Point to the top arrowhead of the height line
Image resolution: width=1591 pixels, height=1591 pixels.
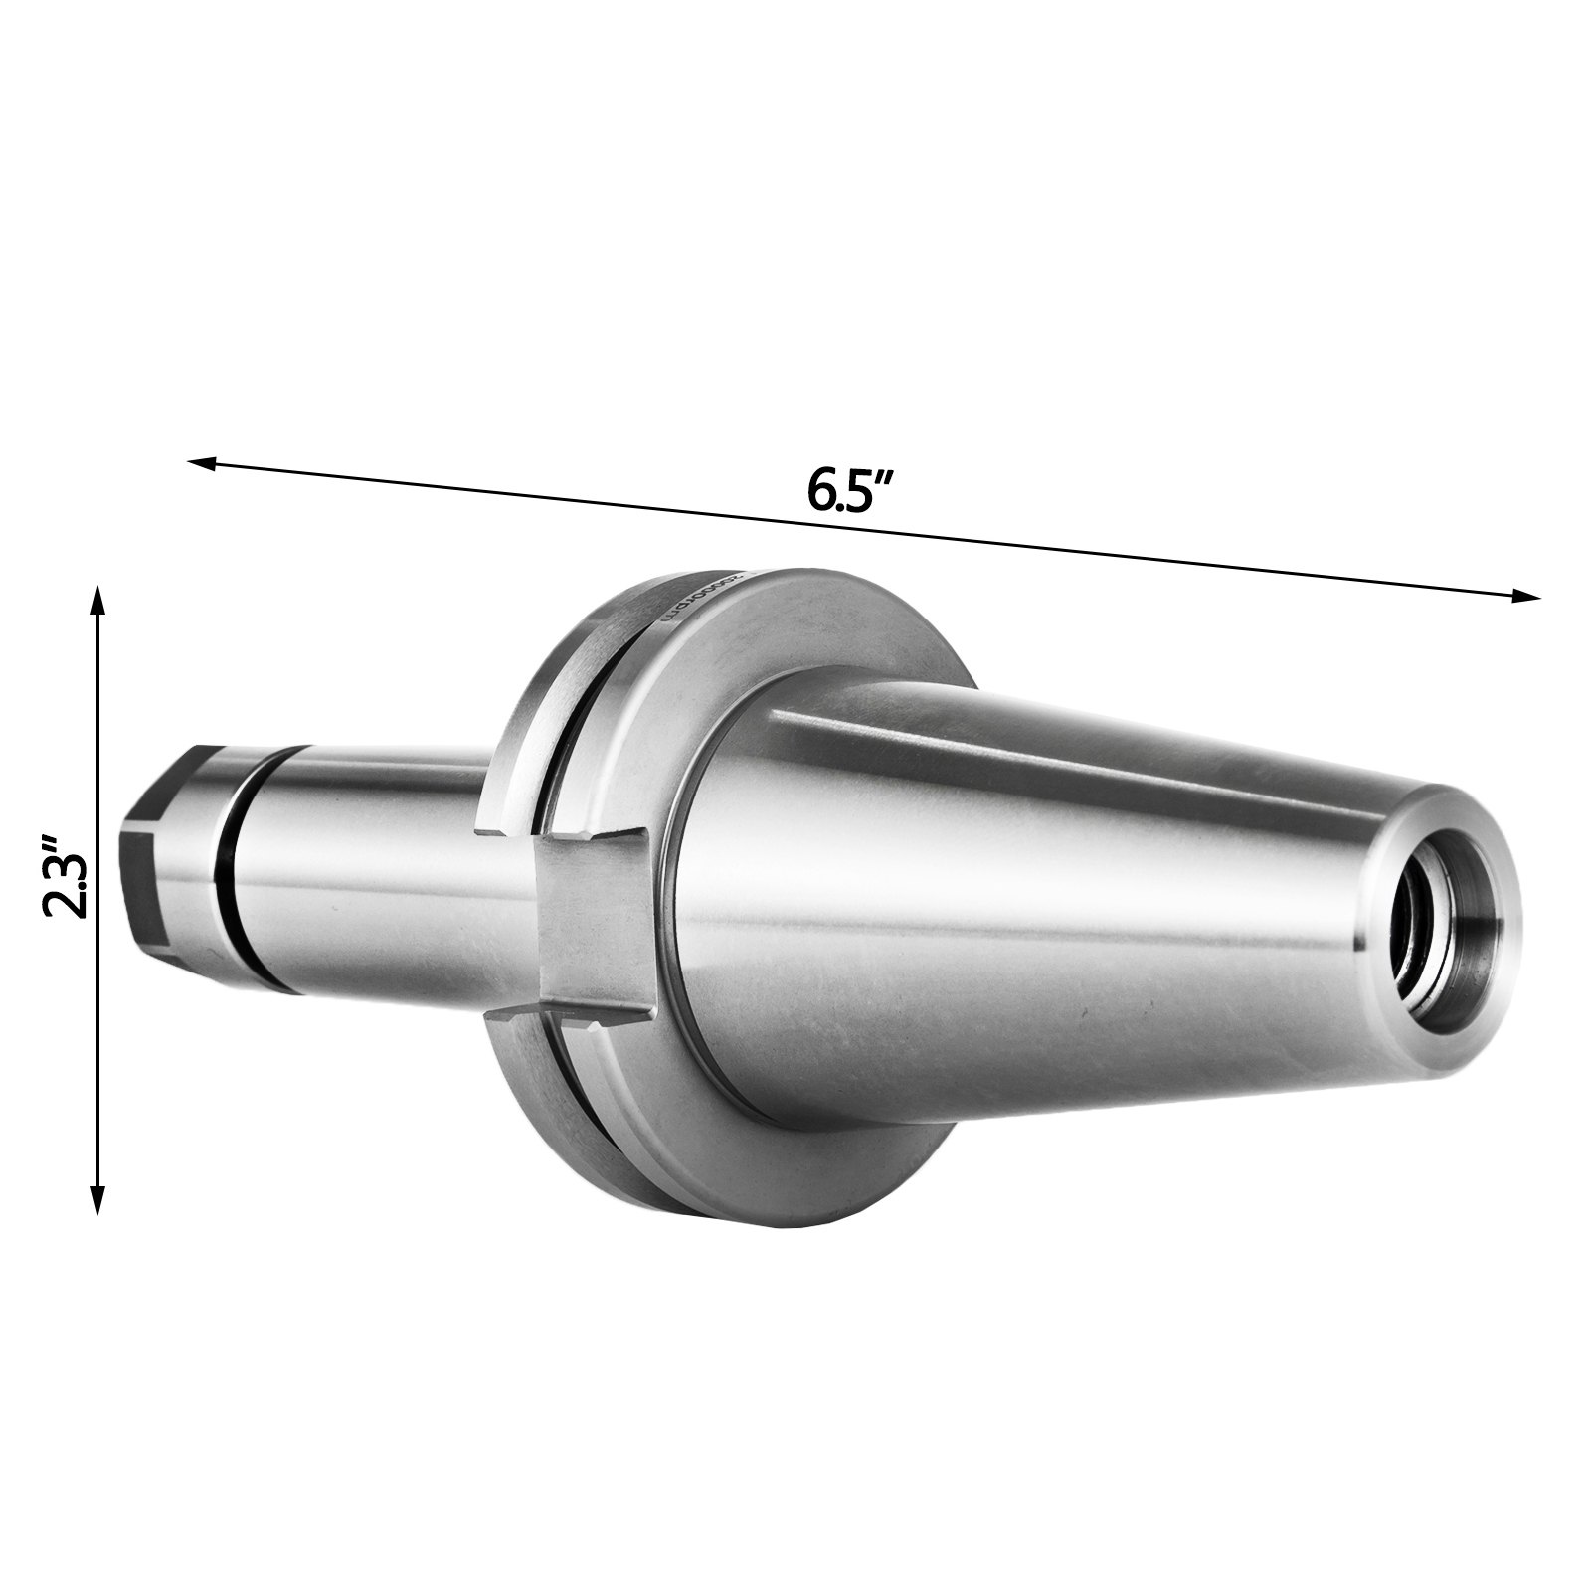coord(97,600)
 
